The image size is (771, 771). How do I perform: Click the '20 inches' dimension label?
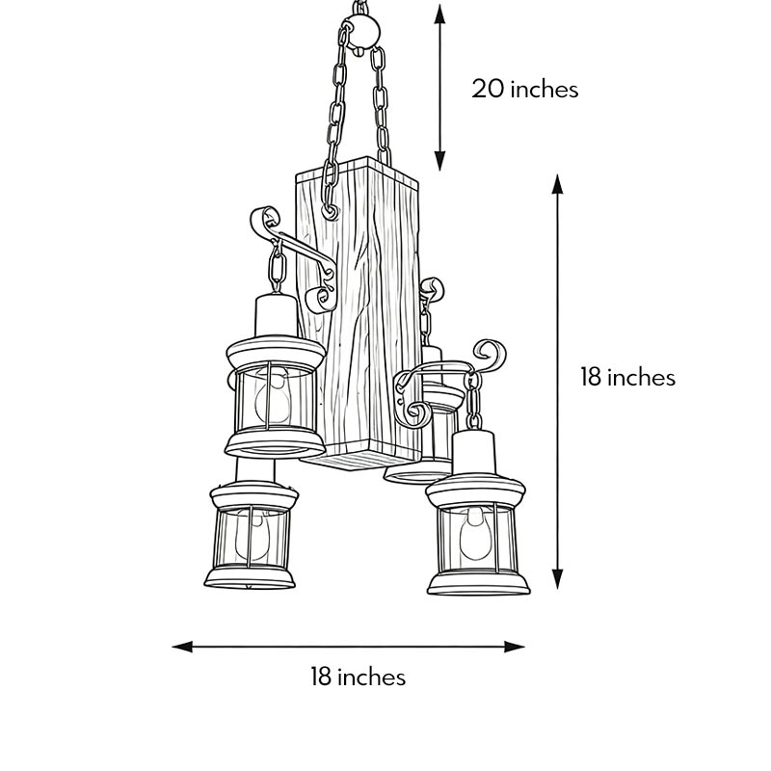tap(524, 90)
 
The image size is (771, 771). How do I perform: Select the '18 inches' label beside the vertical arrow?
tap(627, 377)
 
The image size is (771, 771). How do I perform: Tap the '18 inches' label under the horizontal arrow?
tap(358, 677)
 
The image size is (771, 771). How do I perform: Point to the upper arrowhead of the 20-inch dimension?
tap(440, 12)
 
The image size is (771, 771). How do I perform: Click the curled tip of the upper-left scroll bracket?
tap(257, 220)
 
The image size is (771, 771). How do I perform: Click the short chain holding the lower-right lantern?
tap(473, 400)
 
